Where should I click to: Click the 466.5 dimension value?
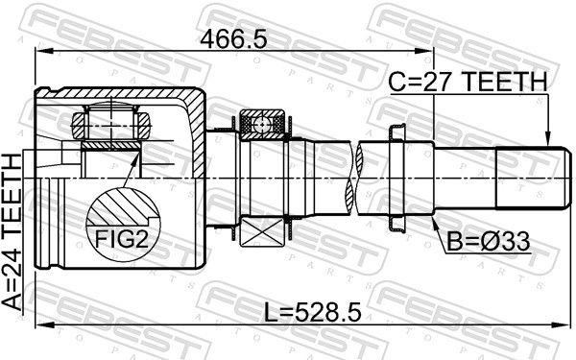(233, 40)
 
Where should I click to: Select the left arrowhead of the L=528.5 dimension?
(40, 327)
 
